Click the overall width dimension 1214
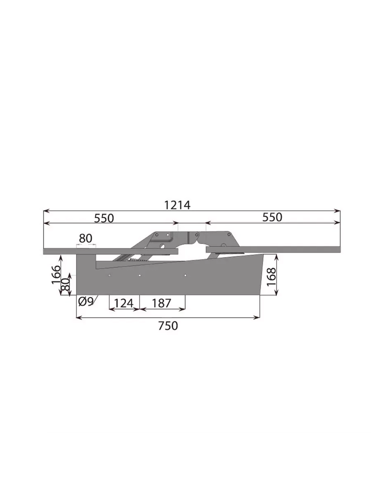point(177,205)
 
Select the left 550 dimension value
point(104,218)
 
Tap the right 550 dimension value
point(272,217)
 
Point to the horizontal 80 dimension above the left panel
point(86,238)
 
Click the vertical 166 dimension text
point(56,275)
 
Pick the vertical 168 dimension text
point(271,276)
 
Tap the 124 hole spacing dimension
point(124,303)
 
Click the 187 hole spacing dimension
point(161,303)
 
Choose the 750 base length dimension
point(168,326)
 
